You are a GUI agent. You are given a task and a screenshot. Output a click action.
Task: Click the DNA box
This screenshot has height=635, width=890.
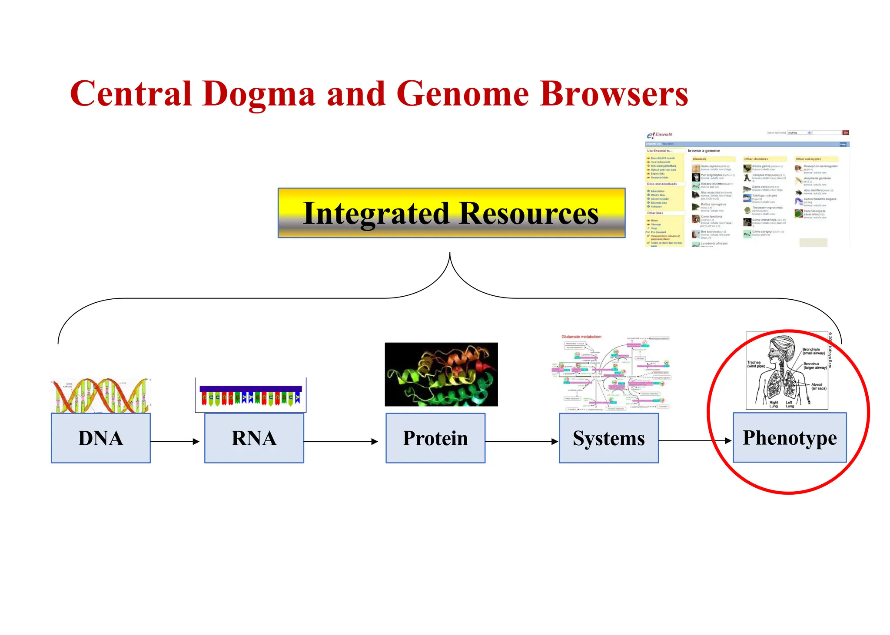tap(101, 438)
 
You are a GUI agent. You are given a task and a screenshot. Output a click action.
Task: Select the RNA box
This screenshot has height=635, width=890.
tap(254, 438)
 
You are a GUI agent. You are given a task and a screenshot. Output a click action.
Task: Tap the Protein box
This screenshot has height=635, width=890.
tap(435, 438)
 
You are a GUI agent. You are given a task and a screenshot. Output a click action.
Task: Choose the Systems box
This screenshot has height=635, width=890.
tap(608, 438)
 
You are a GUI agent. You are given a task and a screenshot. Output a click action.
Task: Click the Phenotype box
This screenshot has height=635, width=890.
tap(789, 437)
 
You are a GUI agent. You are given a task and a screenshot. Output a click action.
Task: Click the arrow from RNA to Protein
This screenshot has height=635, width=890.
tap(341, 442)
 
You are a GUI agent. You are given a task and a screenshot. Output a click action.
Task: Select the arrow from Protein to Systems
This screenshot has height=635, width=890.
tap(521, 442)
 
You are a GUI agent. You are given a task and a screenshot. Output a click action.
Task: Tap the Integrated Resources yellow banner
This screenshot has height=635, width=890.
tap(451, 213)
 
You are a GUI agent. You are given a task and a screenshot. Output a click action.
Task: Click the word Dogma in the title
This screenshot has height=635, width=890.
tap(259, 94)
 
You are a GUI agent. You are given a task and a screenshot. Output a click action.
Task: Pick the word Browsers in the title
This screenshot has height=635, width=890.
tap(614, 94)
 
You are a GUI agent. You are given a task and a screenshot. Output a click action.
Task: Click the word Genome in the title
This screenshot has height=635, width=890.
tap(462, 94)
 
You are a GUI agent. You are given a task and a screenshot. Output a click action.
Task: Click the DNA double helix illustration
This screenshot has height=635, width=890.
tap(101, 395)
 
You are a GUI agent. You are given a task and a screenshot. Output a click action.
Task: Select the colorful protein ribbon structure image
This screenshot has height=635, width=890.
tap(441, 374)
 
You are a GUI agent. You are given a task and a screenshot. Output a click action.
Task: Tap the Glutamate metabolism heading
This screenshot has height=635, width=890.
tap(581, 337)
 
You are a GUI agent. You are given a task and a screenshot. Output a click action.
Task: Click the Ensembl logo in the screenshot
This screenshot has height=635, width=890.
tap(659, 135)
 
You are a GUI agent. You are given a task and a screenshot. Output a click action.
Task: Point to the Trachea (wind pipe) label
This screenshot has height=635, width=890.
tap(756, 364)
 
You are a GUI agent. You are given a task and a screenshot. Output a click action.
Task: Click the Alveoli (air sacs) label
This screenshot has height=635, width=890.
tap(818, 386)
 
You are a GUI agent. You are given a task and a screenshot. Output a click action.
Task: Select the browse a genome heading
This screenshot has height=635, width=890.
tap(704, 151)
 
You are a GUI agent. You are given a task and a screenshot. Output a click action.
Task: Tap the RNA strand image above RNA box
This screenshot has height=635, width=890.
tap(251, 395)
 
